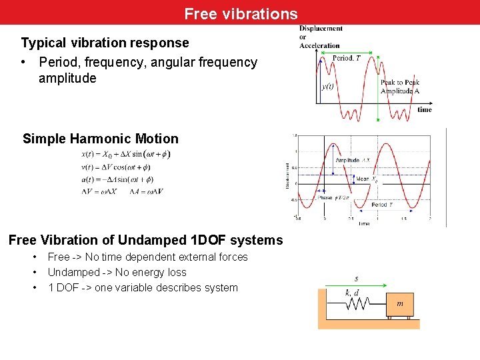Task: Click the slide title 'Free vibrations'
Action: point(241,13)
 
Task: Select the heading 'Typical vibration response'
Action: point(105,43)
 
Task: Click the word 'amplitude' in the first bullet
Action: point(67,78)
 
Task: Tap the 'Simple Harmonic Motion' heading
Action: point(101,139)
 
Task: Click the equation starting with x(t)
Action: point(125,154)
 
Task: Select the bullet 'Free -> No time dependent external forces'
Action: point(147,257)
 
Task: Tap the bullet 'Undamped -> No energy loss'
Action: point(117,272)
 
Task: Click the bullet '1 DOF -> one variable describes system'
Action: point(142,287)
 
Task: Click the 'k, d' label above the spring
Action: point(353,293)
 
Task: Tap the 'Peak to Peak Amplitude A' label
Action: point(399,87)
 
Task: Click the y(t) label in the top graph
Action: point(328,86)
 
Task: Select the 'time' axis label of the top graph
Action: point(424,109)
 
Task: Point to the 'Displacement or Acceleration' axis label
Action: point(320,37)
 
